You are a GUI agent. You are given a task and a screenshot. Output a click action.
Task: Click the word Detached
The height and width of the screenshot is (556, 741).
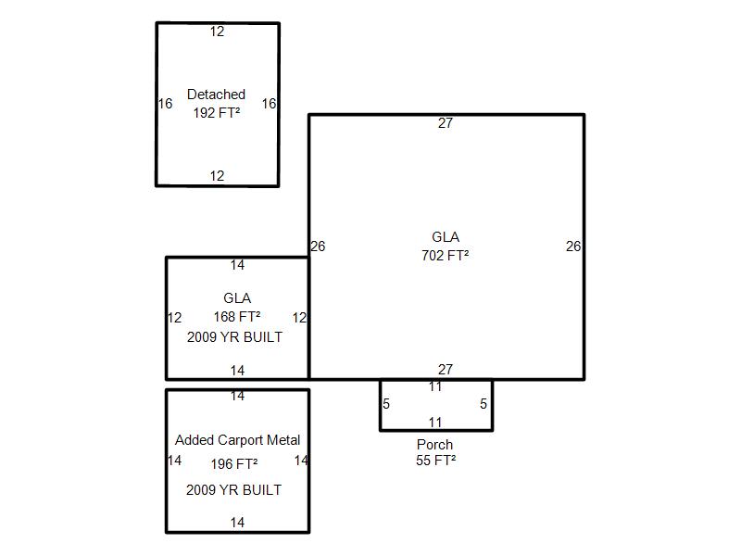[216, 95]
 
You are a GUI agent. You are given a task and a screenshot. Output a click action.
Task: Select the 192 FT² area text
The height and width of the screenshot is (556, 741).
[217, 113]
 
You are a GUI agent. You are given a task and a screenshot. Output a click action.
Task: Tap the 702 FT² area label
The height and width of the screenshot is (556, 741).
[446, 256]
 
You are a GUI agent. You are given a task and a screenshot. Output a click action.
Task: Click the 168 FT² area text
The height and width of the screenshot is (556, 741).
[237, 317]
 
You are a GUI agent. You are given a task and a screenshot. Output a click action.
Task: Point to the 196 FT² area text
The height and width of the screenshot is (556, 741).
[234, 464]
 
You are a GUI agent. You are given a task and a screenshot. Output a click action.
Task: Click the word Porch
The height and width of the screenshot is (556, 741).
[434, 445]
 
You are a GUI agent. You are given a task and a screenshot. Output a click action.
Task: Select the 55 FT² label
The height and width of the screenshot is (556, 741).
[435, 461]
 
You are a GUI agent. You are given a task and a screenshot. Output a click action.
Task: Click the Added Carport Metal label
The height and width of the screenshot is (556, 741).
[237, 440]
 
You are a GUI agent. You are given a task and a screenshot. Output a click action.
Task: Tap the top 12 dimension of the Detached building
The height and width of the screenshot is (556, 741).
[217, 32]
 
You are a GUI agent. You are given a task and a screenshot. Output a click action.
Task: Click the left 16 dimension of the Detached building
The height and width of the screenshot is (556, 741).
[165, 104]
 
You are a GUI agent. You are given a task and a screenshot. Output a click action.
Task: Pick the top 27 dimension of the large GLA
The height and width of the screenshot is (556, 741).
[446, 123]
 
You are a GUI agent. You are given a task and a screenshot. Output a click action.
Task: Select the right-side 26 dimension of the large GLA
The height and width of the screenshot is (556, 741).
[573, 246]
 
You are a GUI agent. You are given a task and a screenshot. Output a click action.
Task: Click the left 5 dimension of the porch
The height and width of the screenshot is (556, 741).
[386, 404]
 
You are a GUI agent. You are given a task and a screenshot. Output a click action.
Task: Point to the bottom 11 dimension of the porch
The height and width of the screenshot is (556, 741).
[435, 423]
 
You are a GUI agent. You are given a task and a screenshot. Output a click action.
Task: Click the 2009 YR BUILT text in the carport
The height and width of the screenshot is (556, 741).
[234, 490]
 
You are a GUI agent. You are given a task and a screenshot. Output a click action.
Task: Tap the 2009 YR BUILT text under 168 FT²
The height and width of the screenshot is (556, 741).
[235, 337]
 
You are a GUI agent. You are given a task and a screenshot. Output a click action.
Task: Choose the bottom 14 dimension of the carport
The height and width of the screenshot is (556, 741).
[237, 523]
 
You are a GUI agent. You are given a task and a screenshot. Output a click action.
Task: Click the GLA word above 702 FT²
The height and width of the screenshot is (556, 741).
[446, 237]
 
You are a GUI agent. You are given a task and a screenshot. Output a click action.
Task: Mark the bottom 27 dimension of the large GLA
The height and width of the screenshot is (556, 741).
[446, 369]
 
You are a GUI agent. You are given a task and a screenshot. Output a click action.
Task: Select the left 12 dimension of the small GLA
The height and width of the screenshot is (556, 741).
[174, 318]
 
